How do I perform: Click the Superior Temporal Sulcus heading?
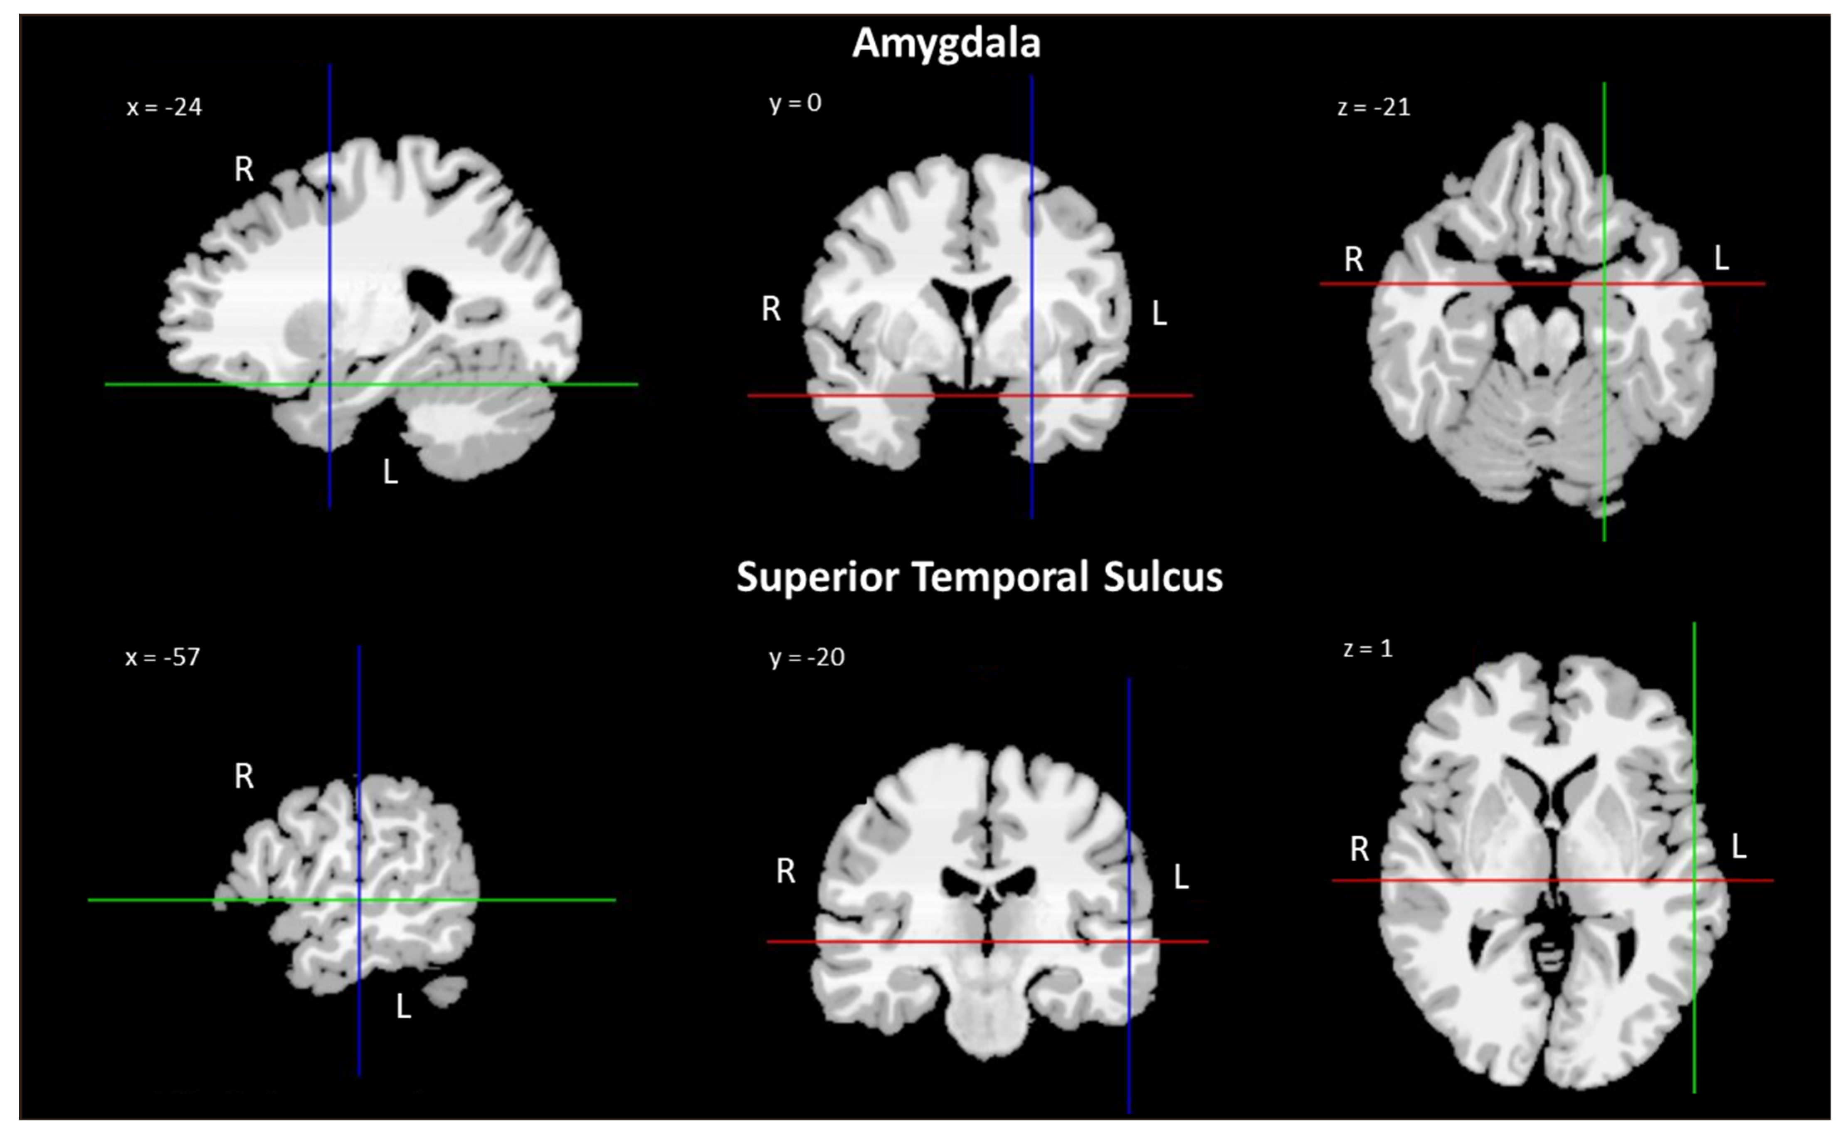[x=979, y=577]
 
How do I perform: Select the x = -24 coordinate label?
[x=164, y=107]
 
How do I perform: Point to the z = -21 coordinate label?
[x=1374, y=107]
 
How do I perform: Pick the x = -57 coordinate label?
[x=162, y=658]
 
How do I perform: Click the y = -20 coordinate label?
[x=806, y=658]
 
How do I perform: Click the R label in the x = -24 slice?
[x=244, y=170]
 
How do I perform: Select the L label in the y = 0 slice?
[x=1159, y=314]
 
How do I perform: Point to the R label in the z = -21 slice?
[x=1353, y=260]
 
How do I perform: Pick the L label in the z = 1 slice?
[x=1738, y=848]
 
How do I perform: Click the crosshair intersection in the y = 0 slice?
[x=1031, y=395]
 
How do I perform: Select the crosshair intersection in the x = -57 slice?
[x=359, y=899]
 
